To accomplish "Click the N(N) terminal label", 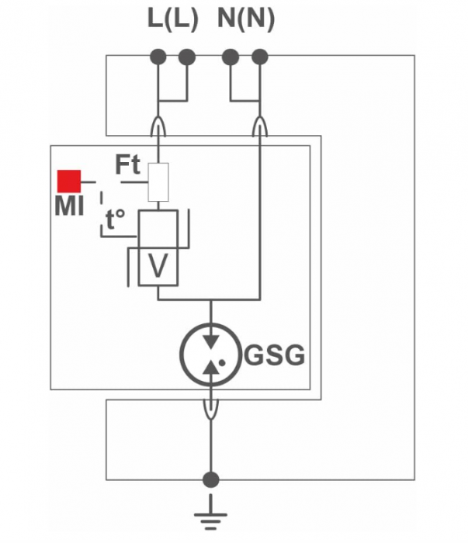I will [x=245, y=21].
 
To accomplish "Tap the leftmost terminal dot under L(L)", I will [x=158, y=57].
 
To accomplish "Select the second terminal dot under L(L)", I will [x=186, y=57].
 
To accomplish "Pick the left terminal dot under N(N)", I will [x=230, y=57].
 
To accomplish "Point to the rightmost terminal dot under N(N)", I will [x=260, y=57].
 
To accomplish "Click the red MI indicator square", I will [x=70, y=182].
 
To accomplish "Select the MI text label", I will [x=69, y=206].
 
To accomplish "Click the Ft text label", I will [x=127, y=165].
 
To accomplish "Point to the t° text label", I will [x=116, y=220].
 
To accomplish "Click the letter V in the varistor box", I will [x=158, y=266].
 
